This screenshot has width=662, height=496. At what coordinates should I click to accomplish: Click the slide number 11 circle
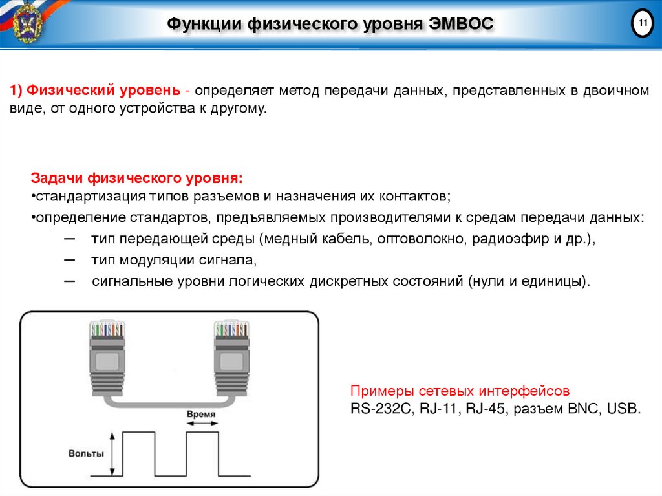click(642, 24)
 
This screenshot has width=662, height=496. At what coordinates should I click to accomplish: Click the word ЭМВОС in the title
click(460, 25)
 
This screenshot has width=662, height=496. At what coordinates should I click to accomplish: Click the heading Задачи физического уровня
click(137, 178)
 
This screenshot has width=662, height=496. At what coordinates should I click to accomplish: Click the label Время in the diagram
click(201, 414)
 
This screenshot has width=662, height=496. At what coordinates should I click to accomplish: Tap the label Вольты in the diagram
click(86, 453)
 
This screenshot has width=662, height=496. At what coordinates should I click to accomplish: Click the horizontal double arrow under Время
click(202, 424)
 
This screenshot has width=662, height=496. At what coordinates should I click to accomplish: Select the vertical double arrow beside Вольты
click(113, 453)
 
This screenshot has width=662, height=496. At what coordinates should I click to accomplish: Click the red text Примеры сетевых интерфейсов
click(460, 391)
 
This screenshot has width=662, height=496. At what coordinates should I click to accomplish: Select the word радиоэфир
click(504, 239)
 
